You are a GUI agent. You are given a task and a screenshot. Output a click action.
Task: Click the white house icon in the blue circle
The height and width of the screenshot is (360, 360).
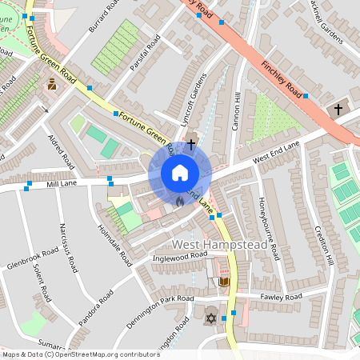pos(179,173)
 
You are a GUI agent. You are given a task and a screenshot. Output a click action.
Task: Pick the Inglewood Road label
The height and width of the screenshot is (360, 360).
pos(180,256)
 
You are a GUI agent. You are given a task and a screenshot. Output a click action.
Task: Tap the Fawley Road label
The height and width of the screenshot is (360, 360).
pos(281,297)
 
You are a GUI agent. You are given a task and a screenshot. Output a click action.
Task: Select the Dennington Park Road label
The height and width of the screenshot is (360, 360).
pos(160,311)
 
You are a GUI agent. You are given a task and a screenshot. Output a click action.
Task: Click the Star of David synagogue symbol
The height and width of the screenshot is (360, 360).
pos(211,318)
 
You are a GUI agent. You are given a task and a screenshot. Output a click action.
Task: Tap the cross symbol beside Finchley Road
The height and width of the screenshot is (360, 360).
pos(338,109)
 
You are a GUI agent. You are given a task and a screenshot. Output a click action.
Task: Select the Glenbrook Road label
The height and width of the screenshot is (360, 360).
pos(33,258)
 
